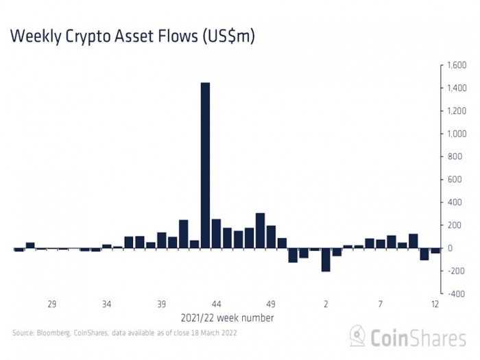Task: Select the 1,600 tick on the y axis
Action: click(457, 65)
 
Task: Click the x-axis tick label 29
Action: click(51, 304)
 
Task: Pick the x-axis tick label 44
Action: click(216, 304)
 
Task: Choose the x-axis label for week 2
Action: click(326, 304)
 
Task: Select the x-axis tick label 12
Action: click(435, 304)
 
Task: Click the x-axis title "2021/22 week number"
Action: click(227, 318)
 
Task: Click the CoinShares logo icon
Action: click(357, 335)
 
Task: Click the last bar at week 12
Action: click(435, 251)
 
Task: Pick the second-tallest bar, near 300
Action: click(260, 230)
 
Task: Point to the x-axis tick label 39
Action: click(161, 304)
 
